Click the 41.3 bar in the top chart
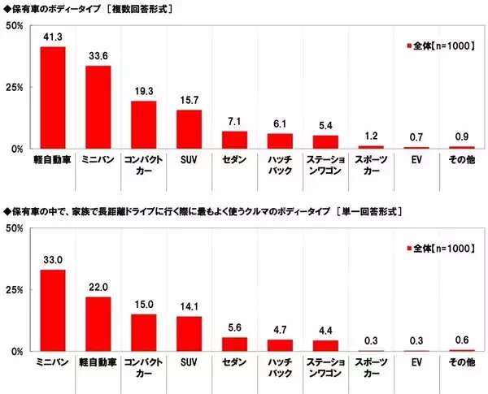point(53,97)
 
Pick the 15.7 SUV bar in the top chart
point(189,129)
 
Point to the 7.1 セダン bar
point(234,140)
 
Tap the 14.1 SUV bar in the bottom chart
point(189,334)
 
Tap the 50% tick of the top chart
point(13,26)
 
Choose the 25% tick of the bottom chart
point(13,290)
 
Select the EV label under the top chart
point(416,161)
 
